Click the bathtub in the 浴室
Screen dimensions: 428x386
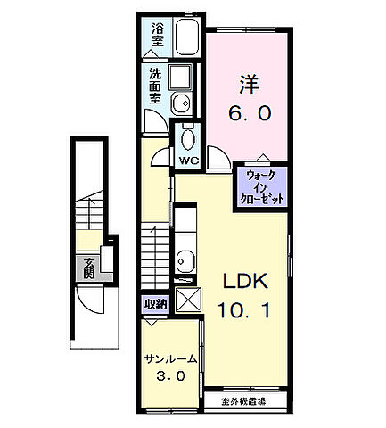pos(188,39)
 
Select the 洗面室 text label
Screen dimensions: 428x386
pos(156,86)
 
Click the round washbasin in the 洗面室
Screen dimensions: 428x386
pos(178,101)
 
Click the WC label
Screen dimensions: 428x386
pos(189,160)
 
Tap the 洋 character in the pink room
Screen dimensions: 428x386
pos(249,85)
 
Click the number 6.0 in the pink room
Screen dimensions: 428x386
pos(249,113)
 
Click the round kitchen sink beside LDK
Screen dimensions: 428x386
pos(185,261)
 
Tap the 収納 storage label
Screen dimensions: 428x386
pos(156,304)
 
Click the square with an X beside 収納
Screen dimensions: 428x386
pos(188,300)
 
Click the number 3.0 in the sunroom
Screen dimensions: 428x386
pos(171,376)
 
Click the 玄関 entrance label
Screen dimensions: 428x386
pos(90,267)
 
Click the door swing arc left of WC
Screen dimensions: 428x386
pos(161,157)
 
